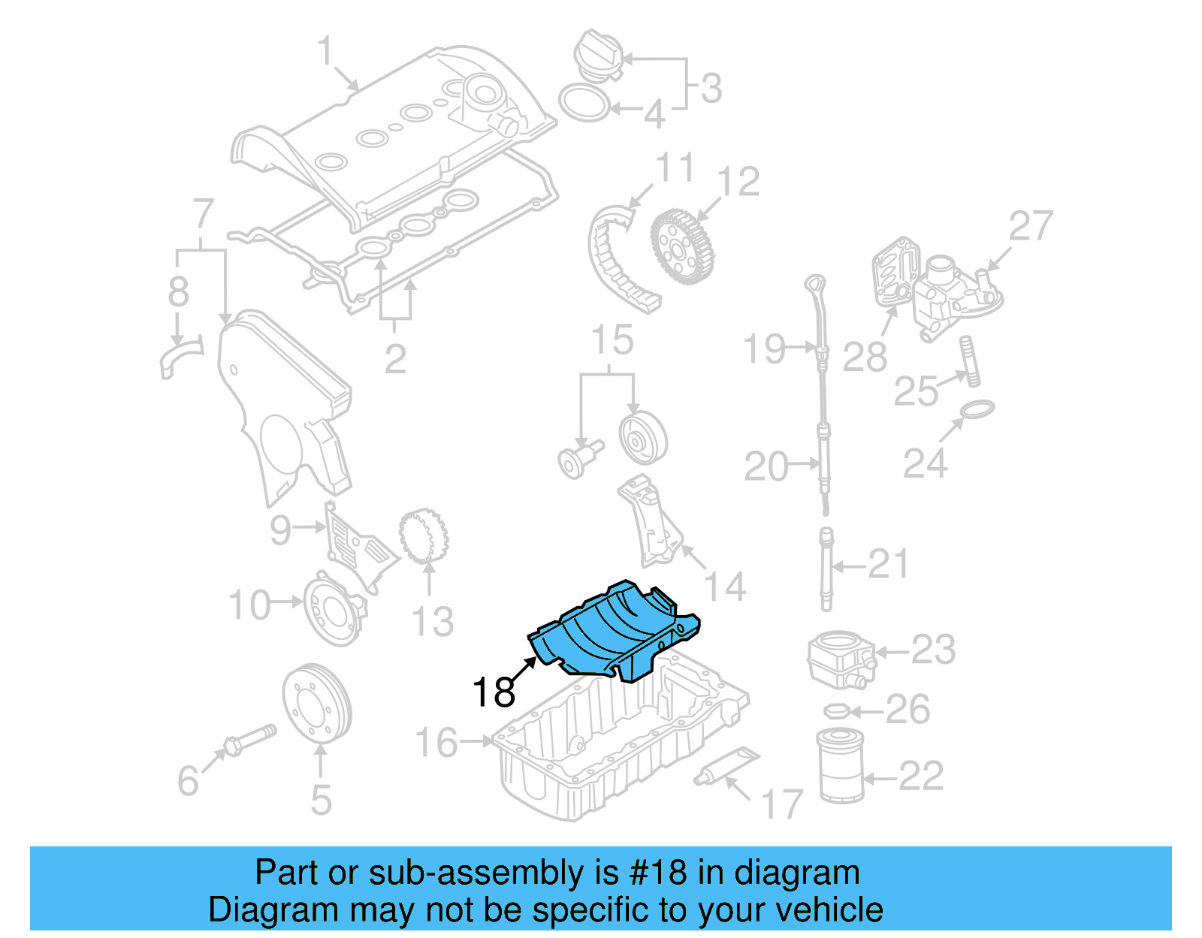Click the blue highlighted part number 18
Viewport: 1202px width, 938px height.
[612, 631]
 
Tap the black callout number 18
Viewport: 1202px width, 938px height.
[494, 692]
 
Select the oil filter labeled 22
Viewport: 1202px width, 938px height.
[839, 766]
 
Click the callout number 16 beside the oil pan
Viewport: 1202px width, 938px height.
[436, 743]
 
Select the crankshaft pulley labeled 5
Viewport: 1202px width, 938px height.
[317, 703]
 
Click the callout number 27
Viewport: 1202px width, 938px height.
[1031, 226]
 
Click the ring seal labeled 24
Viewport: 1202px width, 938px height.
[977, 410]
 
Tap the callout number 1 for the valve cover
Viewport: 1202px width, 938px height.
[325, 52]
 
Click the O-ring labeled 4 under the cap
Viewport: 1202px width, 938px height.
[584, 104]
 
